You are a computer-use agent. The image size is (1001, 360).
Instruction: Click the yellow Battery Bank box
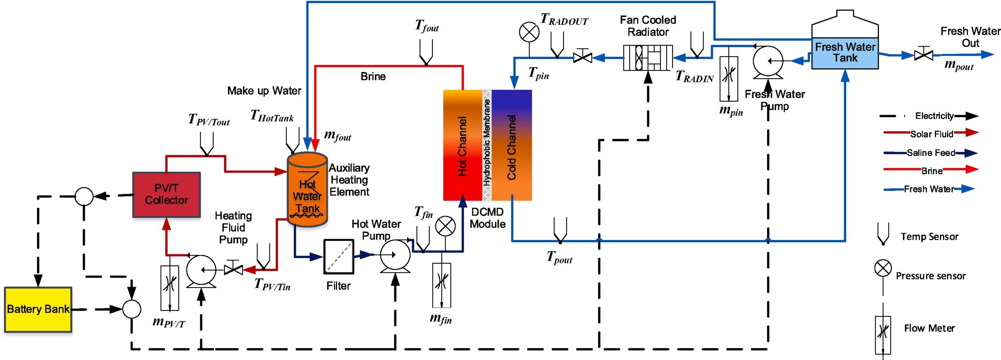(x=38, y=310)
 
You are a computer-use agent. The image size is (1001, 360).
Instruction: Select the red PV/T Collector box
(x=167, y=194)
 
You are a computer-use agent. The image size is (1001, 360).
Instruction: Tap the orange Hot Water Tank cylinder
(x=307, y=190)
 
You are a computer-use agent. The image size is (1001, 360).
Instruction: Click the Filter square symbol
(x=339, y=256)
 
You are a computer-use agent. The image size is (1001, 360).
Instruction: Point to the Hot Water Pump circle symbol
(x=395, y=255)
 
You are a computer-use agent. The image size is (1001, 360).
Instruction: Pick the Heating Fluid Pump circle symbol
(x=201, y=270)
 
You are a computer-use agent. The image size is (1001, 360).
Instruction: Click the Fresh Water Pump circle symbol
(x=768, y=61)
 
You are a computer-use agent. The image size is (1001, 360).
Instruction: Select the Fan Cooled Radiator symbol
(x=648, y=58)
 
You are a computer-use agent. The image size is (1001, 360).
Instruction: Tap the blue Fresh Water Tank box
(x=845, y=53)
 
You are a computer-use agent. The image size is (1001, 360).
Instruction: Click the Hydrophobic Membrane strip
(x=487, y=145)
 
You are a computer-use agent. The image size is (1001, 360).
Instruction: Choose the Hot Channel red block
(x=462, y=145)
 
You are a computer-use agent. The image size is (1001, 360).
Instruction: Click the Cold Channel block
(x=511, y=145)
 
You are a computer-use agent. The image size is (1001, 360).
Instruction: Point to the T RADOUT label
(x=564, y=19)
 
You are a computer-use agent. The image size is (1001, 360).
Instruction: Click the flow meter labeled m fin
(x=441, y=285)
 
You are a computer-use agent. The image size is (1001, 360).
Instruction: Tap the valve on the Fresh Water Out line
(x=924, y=55)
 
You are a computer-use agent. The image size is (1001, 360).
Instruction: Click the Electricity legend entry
(x=929, y=116)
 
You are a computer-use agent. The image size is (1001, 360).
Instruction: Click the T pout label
(x=559, y=258)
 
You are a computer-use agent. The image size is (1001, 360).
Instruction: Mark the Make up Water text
(x=264, y=91)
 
